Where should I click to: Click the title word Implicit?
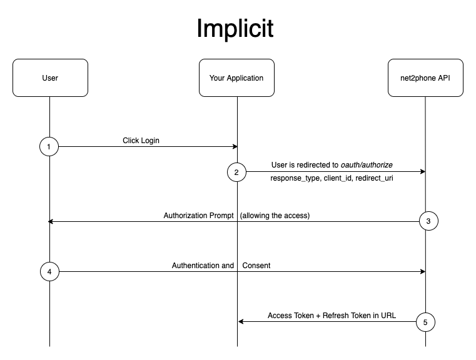tap(235, 28)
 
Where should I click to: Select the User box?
tap(49, 78)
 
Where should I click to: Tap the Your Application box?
tap(236, 78)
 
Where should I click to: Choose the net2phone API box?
tap(425, 78)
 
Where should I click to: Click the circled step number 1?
tap(49, 147)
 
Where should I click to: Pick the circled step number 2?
tap(237, 172)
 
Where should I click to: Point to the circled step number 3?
tap(428, 221)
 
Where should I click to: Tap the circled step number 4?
tap(49, 272)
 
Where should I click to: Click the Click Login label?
tap(141, 141)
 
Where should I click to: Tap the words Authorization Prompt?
tap(199, 216)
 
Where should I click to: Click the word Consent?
tap(256, 266)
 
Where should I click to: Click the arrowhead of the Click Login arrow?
tap(235, 147)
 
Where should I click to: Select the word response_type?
tap(295, 179)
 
